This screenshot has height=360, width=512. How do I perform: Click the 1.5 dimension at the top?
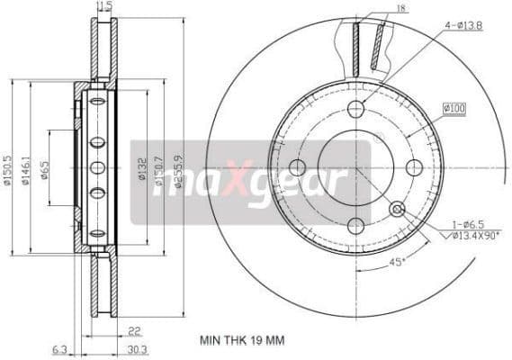[106, 6]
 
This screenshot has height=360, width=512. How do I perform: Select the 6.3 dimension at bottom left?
[59, 349]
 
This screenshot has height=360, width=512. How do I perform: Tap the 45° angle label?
[397, 264]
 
